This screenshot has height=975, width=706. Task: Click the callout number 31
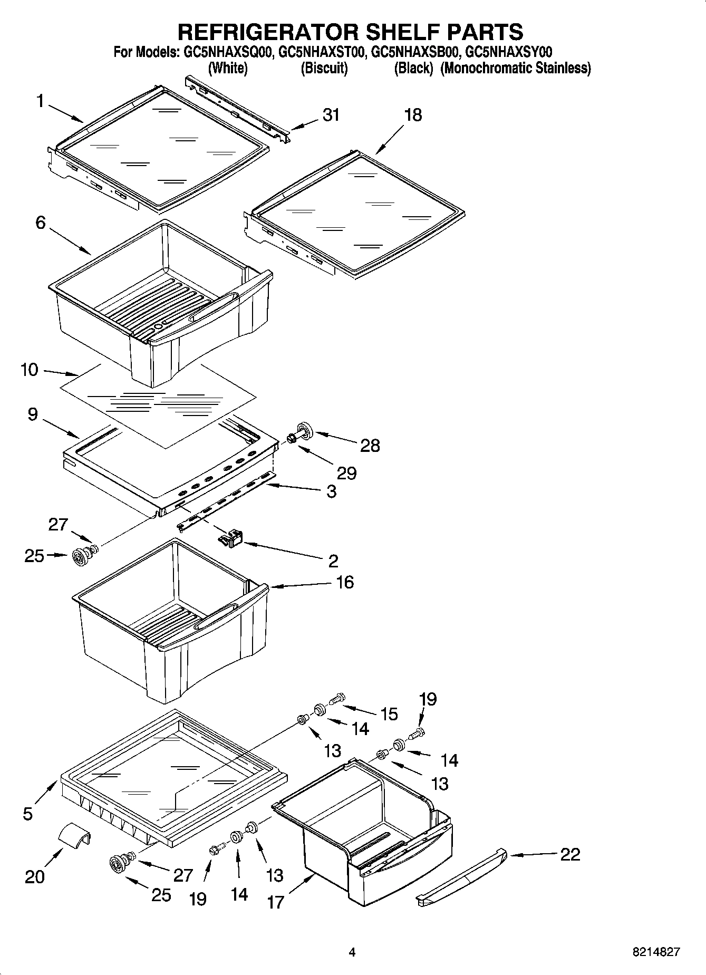point(331,114)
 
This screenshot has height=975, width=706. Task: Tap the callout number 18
point(413,115)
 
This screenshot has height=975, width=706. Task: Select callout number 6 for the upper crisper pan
point(41,223)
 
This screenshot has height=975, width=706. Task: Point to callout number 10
point(30,370)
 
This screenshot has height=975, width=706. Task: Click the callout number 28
point(370,446)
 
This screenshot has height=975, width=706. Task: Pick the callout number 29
point(346,473)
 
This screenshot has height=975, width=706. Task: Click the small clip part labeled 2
point(230,539)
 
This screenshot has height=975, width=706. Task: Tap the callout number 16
point(344,582)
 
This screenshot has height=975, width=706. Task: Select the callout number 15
point(389,714)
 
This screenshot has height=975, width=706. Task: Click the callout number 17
point(276,902)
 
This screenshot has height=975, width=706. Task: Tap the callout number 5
point(28,814)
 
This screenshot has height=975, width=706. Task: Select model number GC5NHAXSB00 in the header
point(417,52)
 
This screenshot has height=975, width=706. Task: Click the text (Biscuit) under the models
point(324,69)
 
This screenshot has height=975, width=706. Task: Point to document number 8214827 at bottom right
point(656,952)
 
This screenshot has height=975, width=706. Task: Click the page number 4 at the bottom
point(352,952)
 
